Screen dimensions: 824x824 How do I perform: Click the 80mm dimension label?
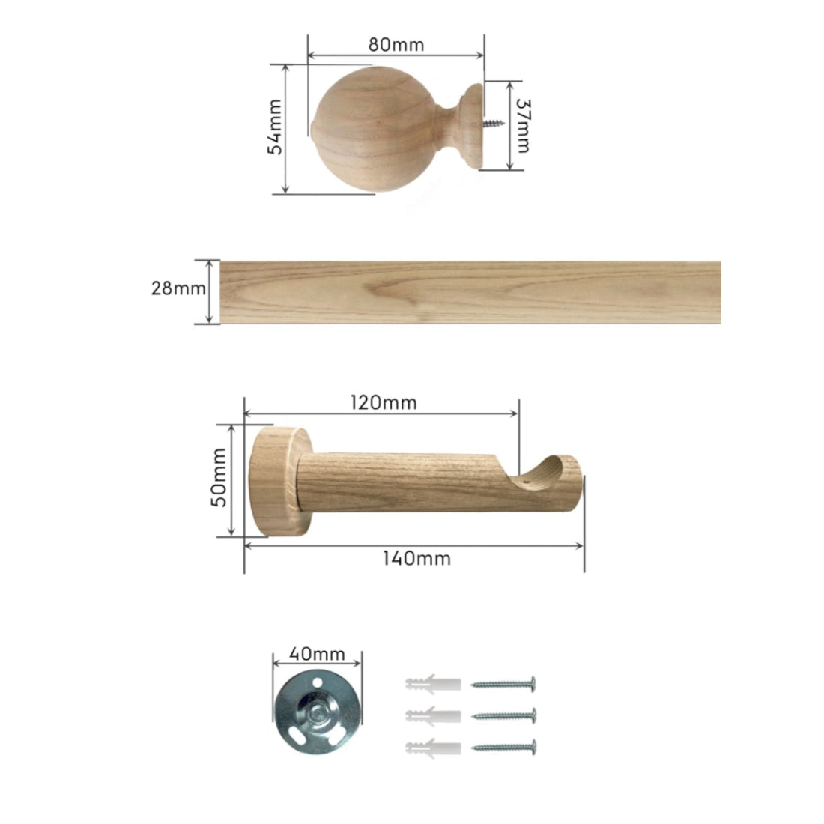coord(396,44)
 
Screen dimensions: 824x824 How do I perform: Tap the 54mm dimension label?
coord(275,127)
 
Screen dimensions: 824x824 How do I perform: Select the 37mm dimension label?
coord(521,126)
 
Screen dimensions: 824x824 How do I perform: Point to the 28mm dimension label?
coord(178,288)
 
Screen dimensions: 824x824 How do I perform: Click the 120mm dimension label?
coord(384,402)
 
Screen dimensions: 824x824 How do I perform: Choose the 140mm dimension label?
coord(416,558)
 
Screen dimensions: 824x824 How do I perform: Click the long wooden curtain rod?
coord(470,292)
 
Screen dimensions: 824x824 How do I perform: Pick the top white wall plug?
coord(432,684)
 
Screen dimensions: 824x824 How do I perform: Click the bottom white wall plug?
coord(432,747)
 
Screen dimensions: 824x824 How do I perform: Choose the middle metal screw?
coord(503,715)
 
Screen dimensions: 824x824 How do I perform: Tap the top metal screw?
coord(503,683)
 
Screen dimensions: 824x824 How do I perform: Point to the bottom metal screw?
coord(503,747)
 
